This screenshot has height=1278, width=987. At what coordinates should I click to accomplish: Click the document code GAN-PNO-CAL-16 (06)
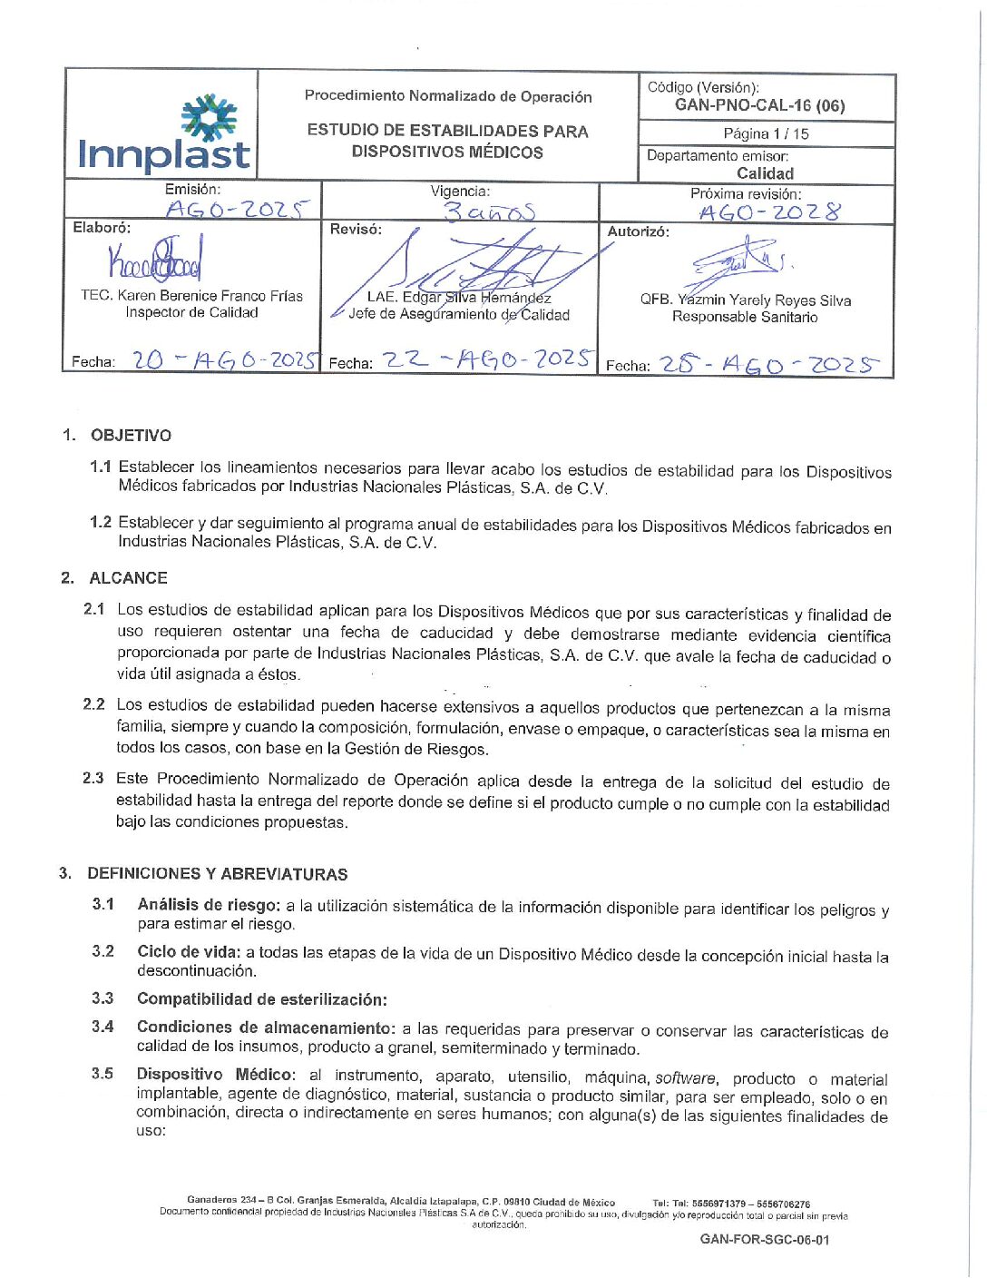(x=759, y=105)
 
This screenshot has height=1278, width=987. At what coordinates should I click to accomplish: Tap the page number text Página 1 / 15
(x=766, y=133)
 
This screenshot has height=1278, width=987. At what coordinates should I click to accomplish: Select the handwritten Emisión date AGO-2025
(x=238, y=210)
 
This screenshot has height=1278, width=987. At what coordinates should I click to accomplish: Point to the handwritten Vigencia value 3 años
(x=489, y=211)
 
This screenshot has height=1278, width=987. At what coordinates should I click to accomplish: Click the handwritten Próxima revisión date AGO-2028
(x=769, y=212)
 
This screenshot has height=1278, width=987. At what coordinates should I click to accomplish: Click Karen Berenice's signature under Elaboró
(x=155, y=259)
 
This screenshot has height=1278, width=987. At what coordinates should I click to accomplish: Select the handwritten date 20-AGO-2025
(x=226, y=359)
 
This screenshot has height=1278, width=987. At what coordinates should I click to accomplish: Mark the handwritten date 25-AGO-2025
(x=768, y=365)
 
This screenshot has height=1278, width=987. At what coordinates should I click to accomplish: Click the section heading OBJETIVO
(x=131, y=435)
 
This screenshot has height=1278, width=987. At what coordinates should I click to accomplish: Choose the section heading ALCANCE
(x=128, y=578)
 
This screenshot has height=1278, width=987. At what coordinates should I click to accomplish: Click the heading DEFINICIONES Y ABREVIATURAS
(x=217, y=874)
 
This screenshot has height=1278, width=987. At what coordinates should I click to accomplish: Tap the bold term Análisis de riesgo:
(x=209, y=905)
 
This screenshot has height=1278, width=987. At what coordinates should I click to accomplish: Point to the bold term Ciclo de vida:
(x=189, y=951)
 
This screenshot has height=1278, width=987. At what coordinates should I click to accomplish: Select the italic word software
(x=686, y=1077)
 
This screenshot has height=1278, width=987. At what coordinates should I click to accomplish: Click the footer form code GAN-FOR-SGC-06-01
(x=764, y=1239)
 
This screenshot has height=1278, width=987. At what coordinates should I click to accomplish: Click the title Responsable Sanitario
(x=745, y=317)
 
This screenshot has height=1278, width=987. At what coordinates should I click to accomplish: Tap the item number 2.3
(x=93, y=778)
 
